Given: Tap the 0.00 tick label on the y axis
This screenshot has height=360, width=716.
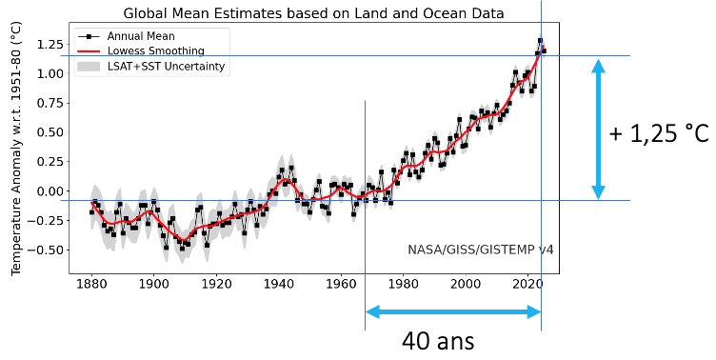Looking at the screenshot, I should (x=49, y=191).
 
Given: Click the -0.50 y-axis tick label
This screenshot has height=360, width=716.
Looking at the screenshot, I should (x=47, y=250).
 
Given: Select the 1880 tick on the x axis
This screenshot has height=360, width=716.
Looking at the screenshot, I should (x=90, y=284).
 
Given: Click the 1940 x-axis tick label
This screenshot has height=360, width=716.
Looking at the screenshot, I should (x=278, y=284).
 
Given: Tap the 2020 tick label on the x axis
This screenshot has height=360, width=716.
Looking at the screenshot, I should (x=527, y=284).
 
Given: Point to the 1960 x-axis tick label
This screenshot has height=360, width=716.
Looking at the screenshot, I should (x=341, y=284).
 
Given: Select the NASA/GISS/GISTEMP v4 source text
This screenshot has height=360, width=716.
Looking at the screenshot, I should (x=481, y=250).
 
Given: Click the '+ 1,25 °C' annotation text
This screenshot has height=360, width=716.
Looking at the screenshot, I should (x=658, y=133).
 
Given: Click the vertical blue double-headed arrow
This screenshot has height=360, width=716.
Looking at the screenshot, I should (x=598, y=129).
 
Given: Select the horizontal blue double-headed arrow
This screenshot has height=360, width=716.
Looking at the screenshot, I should (x=453, y=312).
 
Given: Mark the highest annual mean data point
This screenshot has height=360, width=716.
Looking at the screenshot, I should (x=540, y=41).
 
